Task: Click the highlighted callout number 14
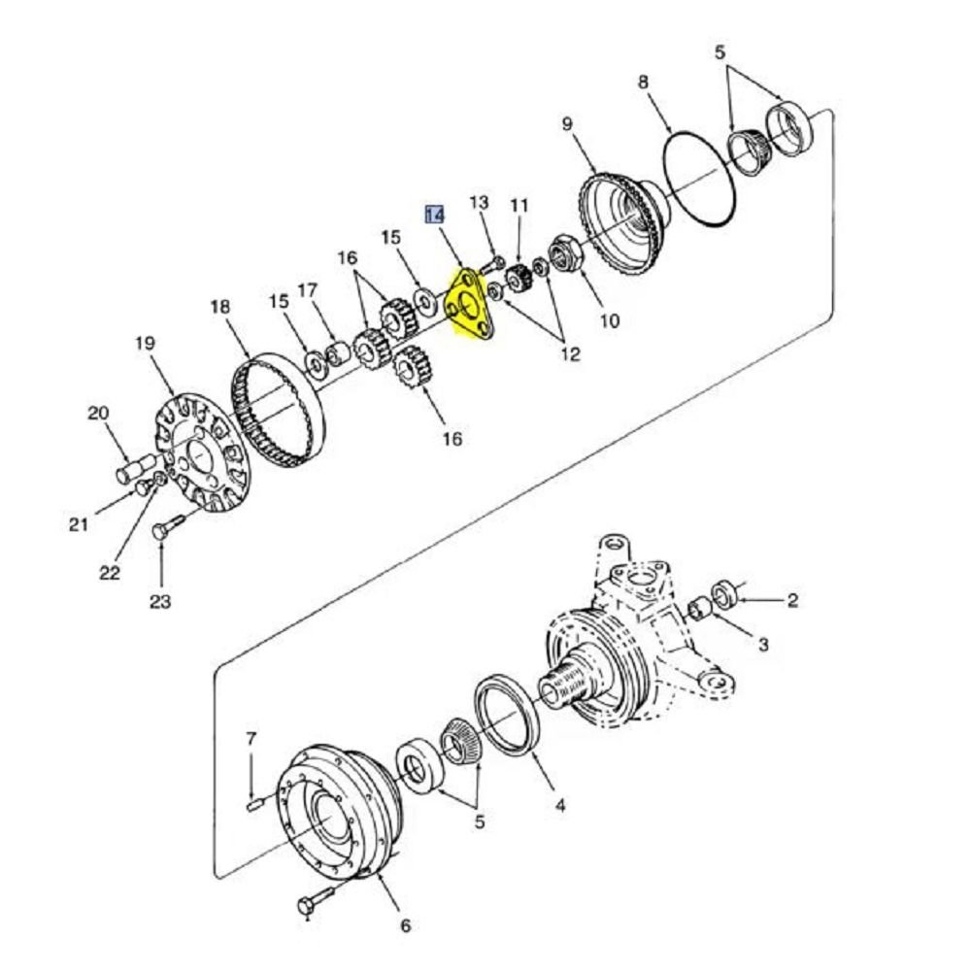click(435, 215)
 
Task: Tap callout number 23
click(160, 601)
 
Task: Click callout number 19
click(145, 343)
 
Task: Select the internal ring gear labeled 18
click(277, 410)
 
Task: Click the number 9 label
click(568, 124)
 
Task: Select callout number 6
click(405, 925)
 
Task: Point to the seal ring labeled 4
click(507, 716)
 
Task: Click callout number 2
click(792, 599)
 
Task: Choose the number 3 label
click(763, 644)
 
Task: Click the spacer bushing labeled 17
click(338, 354)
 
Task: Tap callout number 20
click(98, 413)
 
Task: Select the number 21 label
click(78, 525)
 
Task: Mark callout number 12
click(570, 354)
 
